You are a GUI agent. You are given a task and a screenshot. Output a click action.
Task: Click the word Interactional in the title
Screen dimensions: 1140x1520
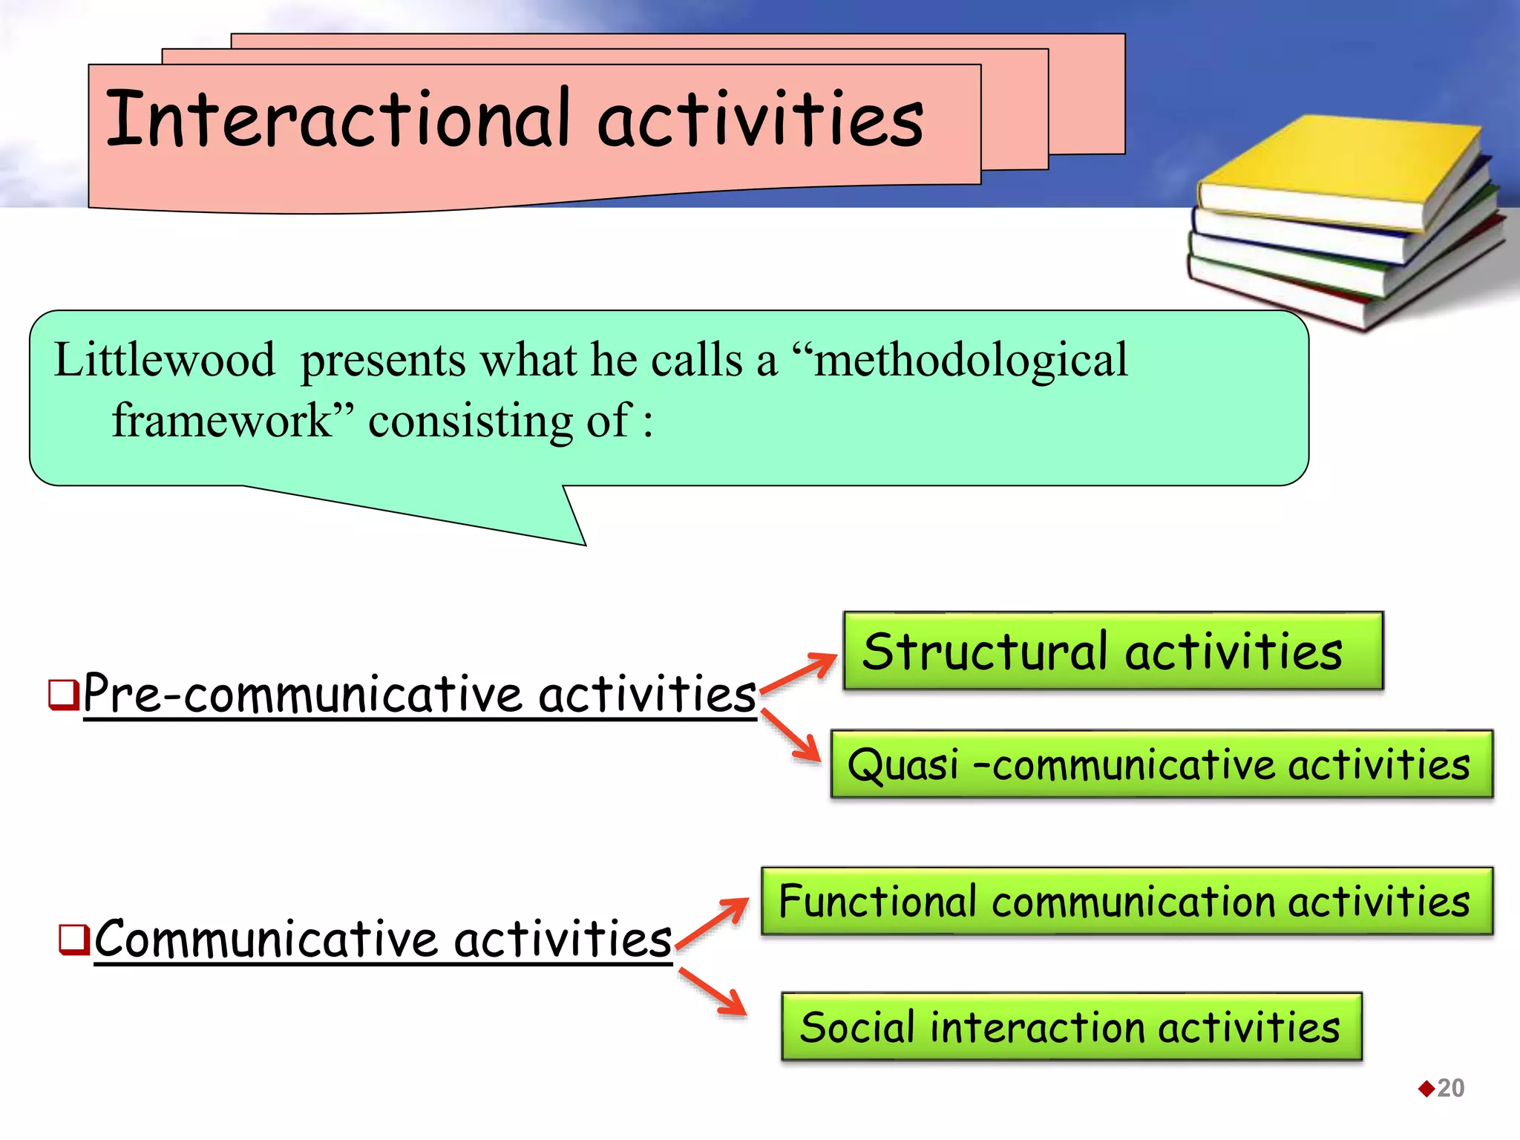point(338,119)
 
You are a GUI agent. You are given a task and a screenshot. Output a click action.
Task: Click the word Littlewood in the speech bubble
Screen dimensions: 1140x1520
point(164,361)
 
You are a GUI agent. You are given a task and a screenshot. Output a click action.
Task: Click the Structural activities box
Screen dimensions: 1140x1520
point(1113,651)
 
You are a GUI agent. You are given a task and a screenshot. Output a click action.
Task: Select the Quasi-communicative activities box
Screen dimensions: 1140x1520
point(1161,764)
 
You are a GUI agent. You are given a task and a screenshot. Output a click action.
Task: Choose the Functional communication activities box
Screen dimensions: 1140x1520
point(1126,901)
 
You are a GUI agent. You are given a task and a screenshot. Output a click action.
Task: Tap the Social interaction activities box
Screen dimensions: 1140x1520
point(1071,1027)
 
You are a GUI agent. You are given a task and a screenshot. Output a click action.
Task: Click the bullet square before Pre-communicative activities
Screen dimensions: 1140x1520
point(63,695)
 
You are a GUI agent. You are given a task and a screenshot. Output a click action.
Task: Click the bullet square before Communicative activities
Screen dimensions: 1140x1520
point(74,939)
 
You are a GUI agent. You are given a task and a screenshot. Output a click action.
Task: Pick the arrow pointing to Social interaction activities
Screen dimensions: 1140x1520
point(713,991)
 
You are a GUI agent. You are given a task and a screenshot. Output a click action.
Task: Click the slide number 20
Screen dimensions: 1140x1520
point(1450,1088)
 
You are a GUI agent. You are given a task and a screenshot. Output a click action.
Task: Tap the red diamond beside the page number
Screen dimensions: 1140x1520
point(1426,1089)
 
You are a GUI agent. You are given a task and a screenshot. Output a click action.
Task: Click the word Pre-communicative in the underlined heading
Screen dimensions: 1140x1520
point(304,695)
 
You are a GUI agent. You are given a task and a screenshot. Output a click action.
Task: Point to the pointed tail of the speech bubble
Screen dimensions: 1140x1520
point(571,531)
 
